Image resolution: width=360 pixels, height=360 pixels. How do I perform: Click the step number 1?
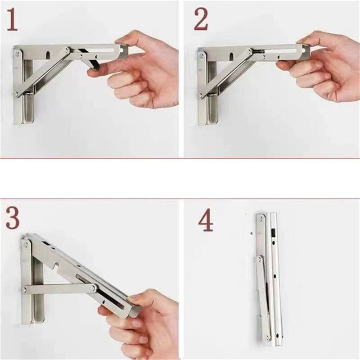click(12, 20)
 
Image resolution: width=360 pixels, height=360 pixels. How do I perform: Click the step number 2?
click(201, 20)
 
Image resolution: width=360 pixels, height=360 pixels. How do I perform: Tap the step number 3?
click(13, 218)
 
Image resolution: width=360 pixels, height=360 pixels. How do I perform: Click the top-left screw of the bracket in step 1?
click(17, 54)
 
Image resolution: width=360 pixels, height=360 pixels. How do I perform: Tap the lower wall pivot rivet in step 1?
click(17, 94)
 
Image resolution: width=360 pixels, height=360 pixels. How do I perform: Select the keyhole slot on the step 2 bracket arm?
click(231, 56)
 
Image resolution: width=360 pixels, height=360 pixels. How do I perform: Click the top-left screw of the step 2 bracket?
click(201, 55)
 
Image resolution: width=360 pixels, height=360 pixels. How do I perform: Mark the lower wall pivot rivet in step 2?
click(201, 94)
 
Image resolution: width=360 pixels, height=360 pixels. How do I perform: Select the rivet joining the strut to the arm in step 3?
click(94, 288)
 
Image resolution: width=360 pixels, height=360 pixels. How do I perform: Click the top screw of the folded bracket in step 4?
click(261, 220)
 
